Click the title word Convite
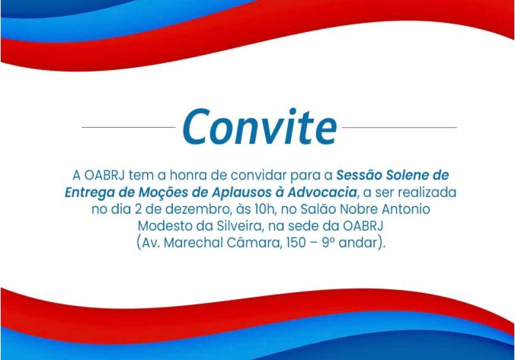260,126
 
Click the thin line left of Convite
129,127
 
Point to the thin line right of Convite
399,127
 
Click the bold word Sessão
359,175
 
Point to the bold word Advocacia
321,193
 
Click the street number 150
296,243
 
